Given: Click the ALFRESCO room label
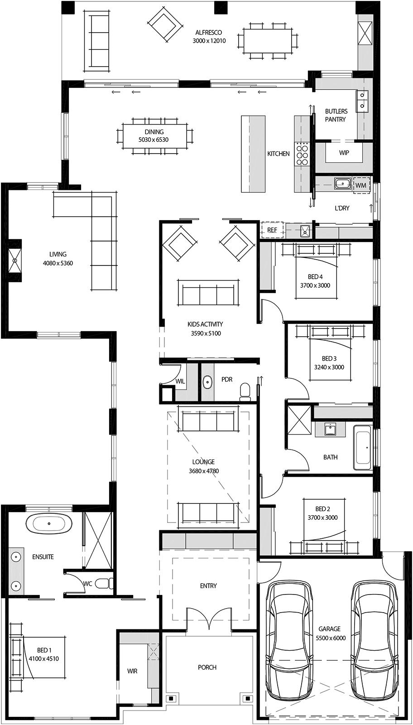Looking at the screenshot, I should tap(209, 33).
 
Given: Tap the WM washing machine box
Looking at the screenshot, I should tap(361, 185).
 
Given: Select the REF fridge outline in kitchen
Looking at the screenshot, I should tap(272, 230).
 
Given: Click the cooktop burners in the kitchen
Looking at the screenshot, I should tap(302, 154).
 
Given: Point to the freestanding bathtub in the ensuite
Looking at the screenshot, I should tap(49, 524).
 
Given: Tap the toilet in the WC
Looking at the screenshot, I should tap(106, 583).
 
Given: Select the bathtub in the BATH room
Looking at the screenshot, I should tap(363, 447).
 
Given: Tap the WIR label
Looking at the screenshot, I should tap(132, 671).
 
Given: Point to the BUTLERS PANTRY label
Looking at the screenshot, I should tap(336, 115).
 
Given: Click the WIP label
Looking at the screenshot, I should tap(344, 153).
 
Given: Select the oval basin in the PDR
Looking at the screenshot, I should tap(207, 382).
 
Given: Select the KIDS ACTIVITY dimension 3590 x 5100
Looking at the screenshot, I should tap(206, 333).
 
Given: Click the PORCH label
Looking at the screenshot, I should tap(207, 667).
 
